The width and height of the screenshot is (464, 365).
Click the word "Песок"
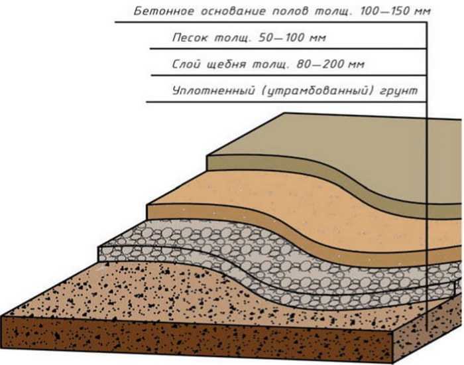click(x=190, y=38)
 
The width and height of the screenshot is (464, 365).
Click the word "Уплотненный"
click(x=213, y=90)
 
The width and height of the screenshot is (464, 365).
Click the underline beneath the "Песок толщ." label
click(x=288, y=48)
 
